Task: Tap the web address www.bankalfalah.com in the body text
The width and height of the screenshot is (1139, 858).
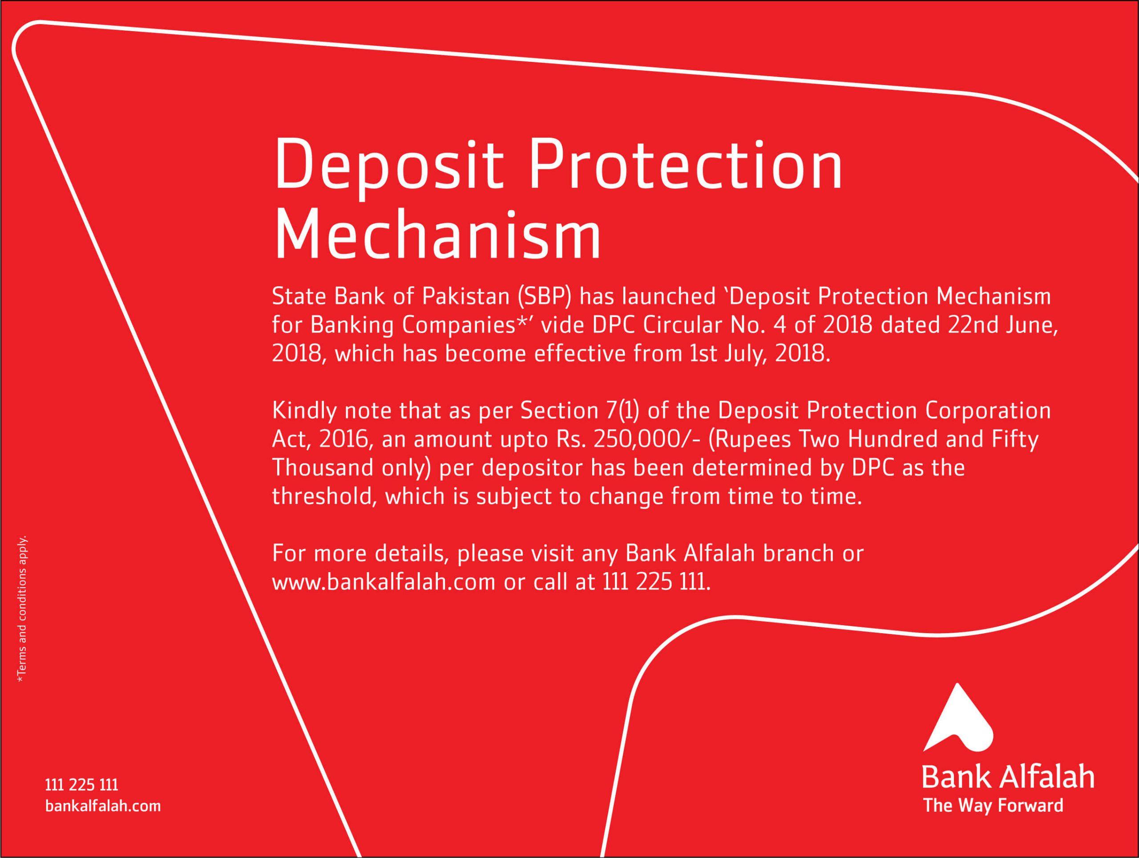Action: tap(384, 582)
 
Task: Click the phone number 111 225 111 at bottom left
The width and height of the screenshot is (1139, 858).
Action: tap(82, 785)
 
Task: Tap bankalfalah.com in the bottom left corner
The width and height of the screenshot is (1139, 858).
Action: tap(103, 806)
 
